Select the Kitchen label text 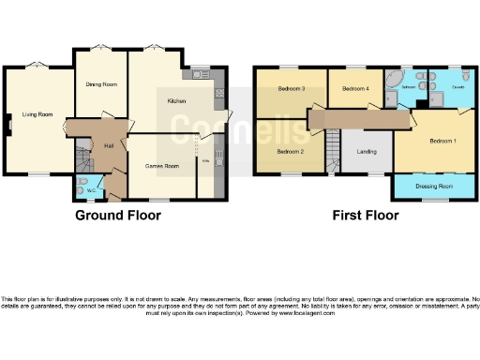[x=178, y=100]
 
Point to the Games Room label [x=161, y=166]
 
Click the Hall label [x=109, y=145]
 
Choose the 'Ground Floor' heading [x=117, y=216]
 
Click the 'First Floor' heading [x=366, y=216]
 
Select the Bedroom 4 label [x=354, y=89]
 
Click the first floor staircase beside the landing [x=333, y=150]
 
